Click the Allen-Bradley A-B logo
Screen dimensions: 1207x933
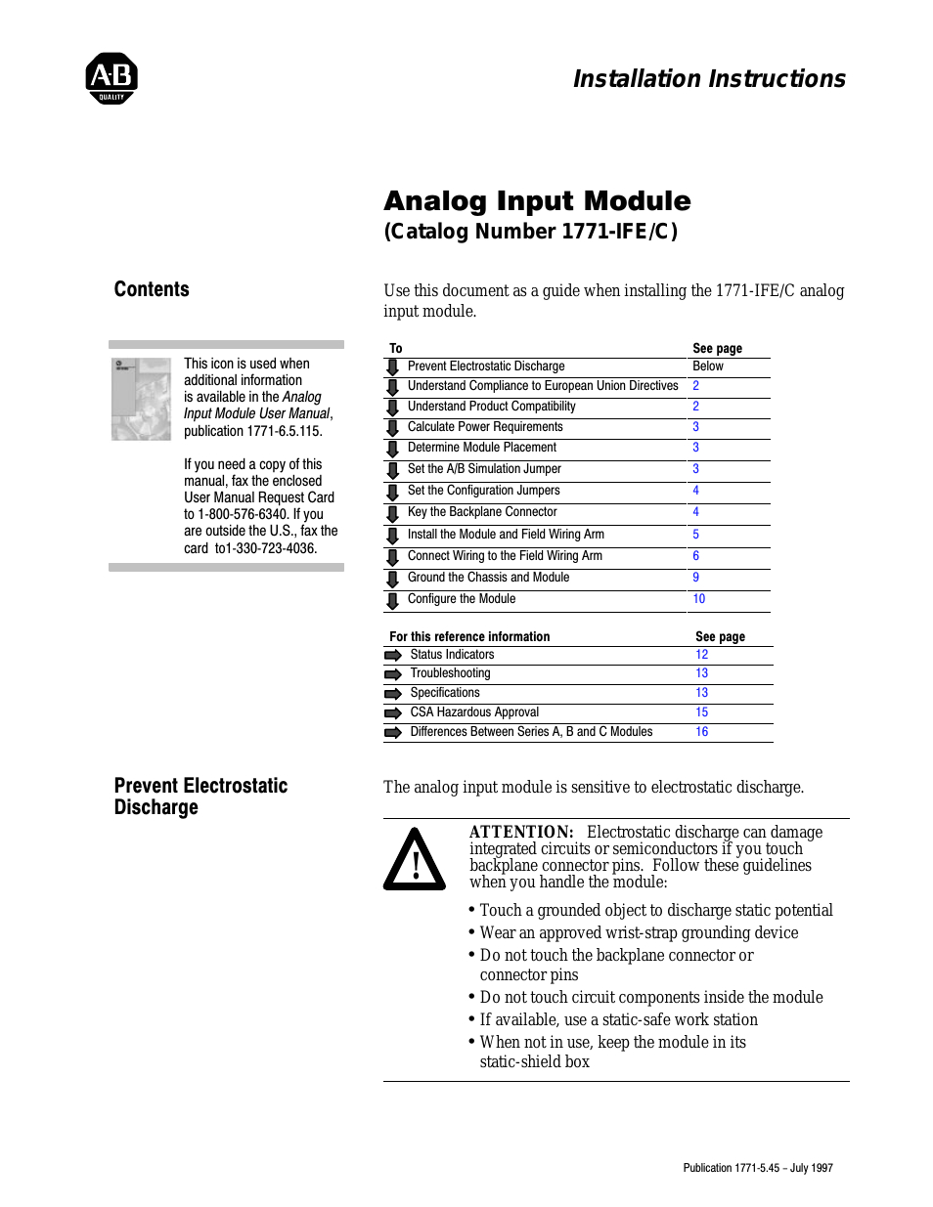tap(111, 78)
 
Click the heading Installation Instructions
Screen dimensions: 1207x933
tap(709, 79)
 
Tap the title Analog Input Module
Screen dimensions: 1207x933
tap(537, 201)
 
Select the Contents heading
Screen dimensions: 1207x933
tap(152, 289)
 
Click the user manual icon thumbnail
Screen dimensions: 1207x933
tap(141, 399)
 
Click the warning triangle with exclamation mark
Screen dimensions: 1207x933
tap(415, 860)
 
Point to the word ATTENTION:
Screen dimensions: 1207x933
tap(521, 832)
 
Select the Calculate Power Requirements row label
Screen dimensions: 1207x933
tap(485, 427)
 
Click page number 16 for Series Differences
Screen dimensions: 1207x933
tap(702, 732)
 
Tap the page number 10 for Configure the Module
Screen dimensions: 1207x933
tap(699, 599)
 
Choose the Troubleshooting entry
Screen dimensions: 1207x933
tap(450, 673)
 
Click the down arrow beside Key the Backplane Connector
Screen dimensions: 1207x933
tap(392, 513)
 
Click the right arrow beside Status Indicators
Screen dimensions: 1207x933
tap(393, 655)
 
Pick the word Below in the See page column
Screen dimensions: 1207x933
tap(708, 366)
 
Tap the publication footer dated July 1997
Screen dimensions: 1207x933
tap(758, 1168)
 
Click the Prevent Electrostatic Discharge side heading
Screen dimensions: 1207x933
tap(200, 797)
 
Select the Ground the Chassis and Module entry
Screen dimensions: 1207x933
tap(488, 578)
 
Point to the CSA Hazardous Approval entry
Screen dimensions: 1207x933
tap(474, 712)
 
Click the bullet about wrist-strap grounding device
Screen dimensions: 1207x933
tap(639, 932)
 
